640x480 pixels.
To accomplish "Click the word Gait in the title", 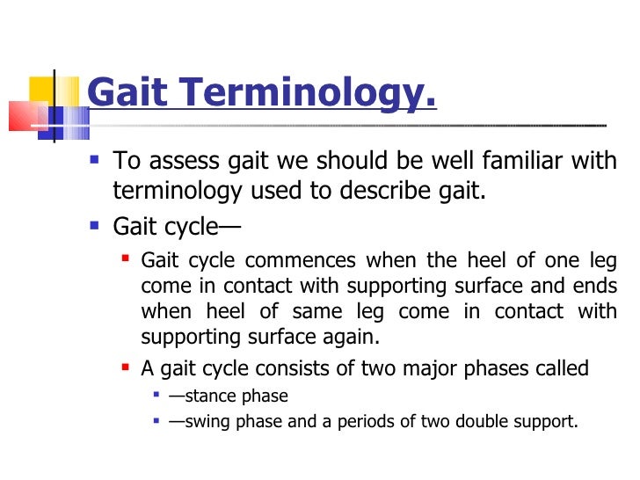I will point(124,92).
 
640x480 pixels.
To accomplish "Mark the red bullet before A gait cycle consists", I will point(126,367).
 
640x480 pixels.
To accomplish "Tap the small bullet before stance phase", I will point(156,396).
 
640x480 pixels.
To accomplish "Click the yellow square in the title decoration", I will point(42,90).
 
